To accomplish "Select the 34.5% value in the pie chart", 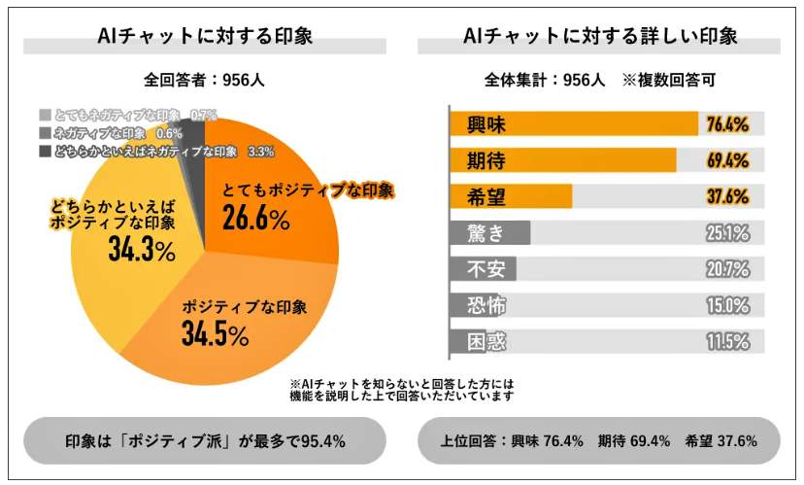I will click(x=215, y=335).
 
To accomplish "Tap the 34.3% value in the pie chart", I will click(x=142, y=252).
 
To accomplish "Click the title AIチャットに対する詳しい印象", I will click(x=599, y=37).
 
